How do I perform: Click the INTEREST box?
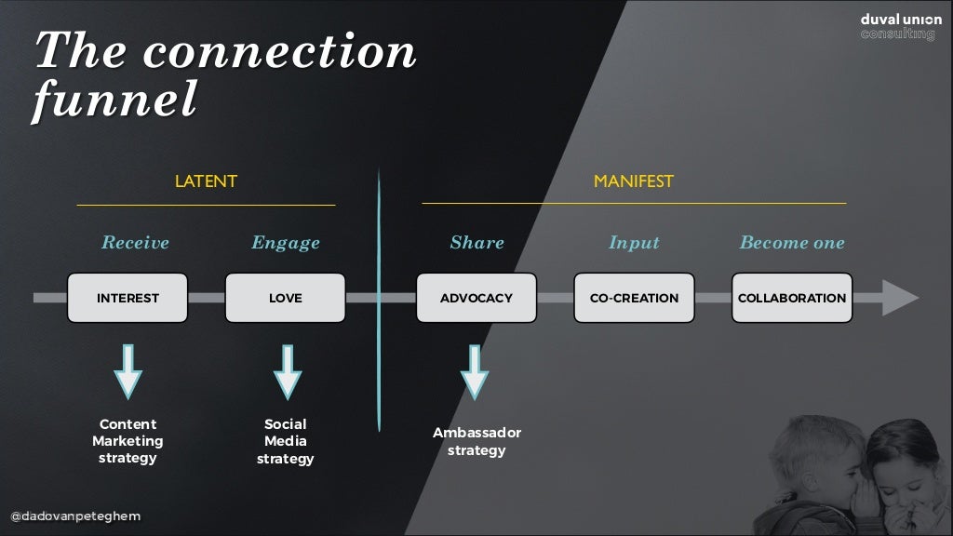(128, 298)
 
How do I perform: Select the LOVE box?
(285, 298)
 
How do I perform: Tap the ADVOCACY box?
(476, 298)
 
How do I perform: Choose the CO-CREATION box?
(634, 298)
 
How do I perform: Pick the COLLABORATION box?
(792, 298)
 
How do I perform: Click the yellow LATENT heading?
(206, 181)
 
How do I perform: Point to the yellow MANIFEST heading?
(633, 181)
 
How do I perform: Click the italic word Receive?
(135, 243)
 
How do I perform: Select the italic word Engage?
(285, 243)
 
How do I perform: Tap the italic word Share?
(476, 243)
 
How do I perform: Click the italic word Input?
(633, 243)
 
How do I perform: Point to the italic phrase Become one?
(792, 243)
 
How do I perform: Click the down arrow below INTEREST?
(128, 370)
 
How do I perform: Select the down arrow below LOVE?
(288, 370)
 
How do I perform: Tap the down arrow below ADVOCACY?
(475, 371)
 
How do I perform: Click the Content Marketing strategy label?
(128, 441)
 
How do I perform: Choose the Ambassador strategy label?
(476, 441)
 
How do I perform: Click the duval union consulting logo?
(900, 26)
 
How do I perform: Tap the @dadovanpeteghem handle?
(75, 516)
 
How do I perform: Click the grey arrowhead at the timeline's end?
(899, 298)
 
